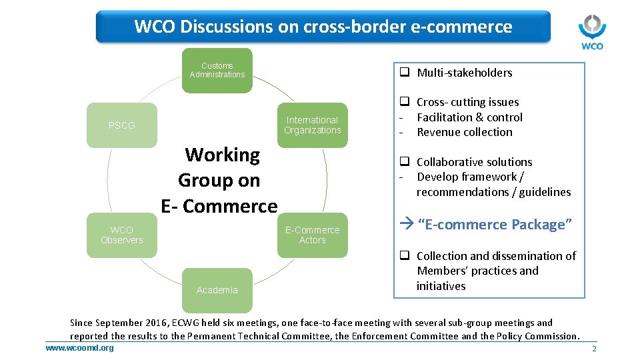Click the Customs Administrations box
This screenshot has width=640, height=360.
tap(217, 70)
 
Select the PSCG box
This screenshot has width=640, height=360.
tap(122, 125)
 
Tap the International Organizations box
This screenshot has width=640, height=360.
tap(312, 125)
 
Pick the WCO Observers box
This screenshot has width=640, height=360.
tap(122, 235)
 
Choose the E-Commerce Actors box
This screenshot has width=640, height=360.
tap(312, 235)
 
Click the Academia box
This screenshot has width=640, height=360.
tap(217, 290)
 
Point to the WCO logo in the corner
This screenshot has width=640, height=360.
tap(591, 32)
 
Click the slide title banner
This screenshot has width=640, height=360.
tap(323, 27)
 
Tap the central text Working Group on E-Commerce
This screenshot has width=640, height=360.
tap(219, 181)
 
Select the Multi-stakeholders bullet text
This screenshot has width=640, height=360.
tap(464, 73)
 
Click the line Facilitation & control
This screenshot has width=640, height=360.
tap(469, 117)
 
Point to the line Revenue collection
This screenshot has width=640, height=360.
tap(464, 132)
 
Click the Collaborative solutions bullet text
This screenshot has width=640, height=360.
tap(474, 162)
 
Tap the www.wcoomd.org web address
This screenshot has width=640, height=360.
tap(79, 348)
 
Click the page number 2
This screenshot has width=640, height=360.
tap(593, 349)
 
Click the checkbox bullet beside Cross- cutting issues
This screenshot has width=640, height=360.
tap(404, 102)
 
